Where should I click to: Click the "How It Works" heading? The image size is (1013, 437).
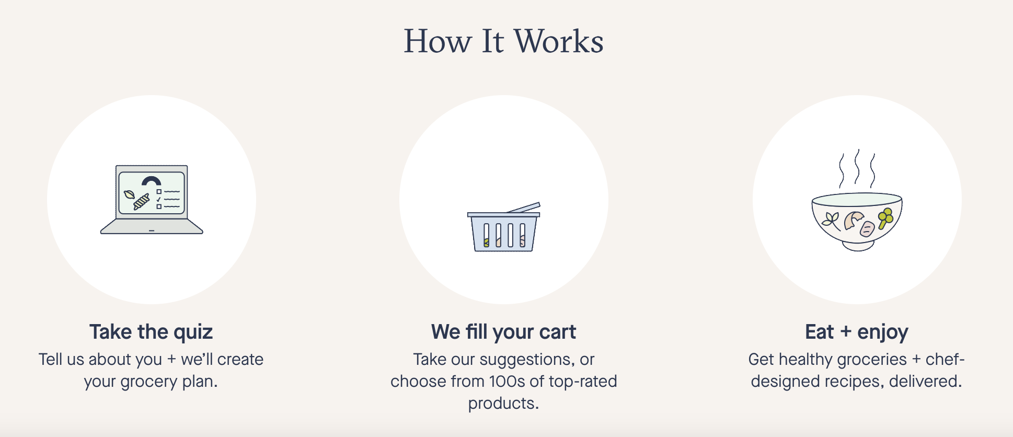click(504, 41)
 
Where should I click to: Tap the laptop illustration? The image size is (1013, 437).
click(152, 199)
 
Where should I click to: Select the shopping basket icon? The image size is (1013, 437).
click(504, 227)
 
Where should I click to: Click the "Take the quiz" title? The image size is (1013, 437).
click(151, 332)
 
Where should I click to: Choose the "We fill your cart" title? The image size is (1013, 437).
click(504, 332)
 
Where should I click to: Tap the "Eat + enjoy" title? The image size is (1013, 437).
click(857, 332)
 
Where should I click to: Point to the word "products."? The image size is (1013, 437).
click(503, 404)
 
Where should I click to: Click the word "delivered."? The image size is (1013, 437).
click(925, 381)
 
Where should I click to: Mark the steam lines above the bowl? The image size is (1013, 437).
click(857, 168)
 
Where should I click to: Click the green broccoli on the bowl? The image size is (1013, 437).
click(885, 218)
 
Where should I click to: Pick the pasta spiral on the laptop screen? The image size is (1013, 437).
click(142, 202)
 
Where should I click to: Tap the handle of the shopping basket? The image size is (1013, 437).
click(523, 208)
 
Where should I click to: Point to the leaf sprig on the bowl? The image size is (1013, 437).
click(831, 221)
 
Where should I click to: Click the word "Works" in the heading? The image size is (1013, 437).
click(559, 41)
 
